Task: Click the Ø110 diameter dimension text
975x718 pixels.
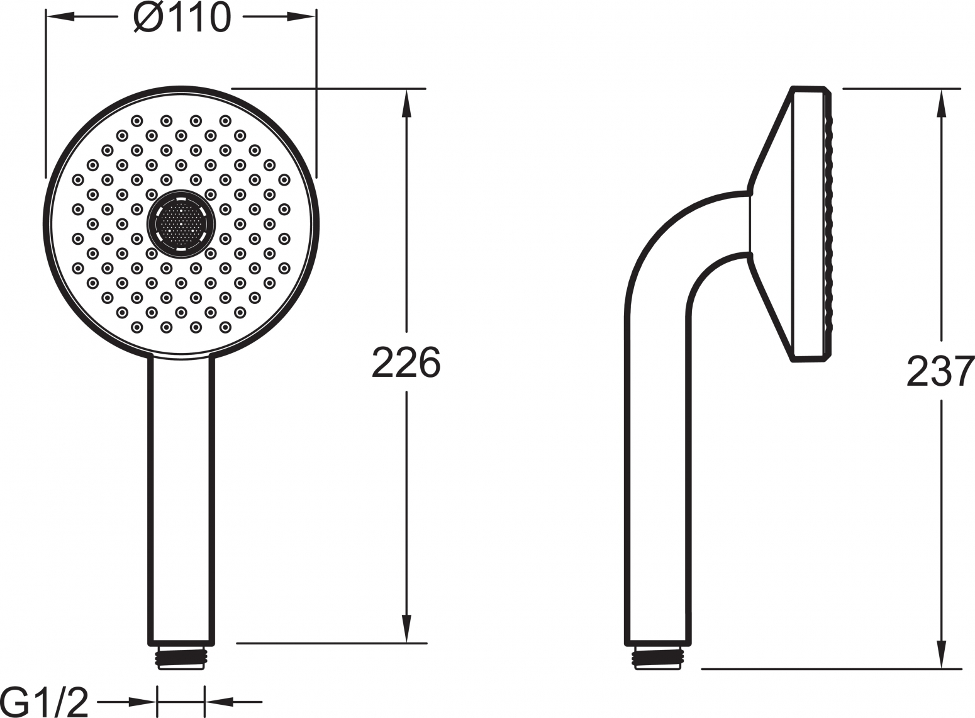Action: tap(182, 18)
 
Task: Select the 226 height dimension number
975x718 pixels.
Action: tap(406, 362)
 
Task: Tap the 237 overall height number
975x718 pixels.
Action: tap(940, 371)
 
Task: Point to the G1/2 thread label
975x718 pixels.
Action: tap(45, 702)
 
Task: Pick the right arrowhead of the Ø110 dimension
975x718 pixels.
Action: tap(302, 16)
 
